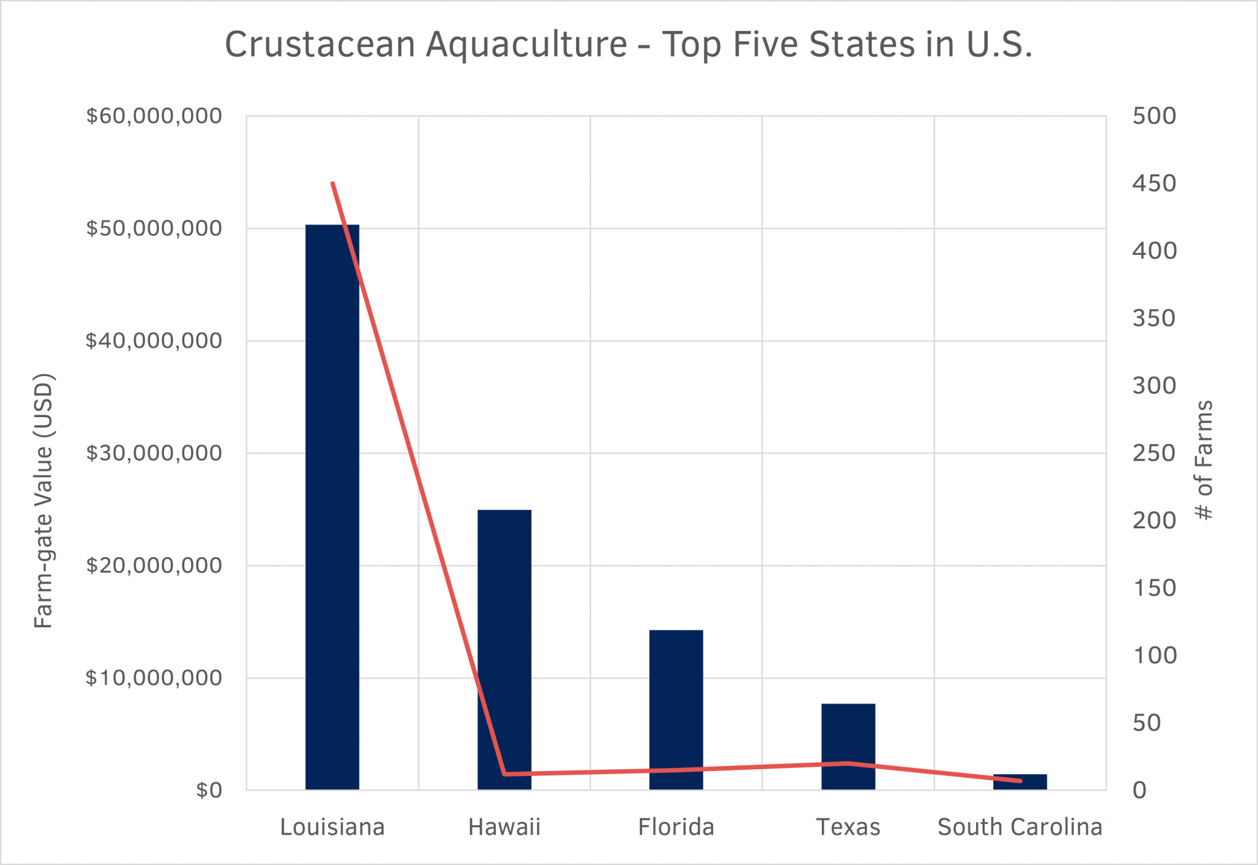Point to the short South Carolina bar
click(1020, 782)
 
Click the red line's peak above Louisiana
click(332, 183)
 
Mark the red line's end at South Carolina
click(1020, 781)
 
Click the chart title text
click(628, 44)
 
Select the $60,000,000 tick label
click(154, 116)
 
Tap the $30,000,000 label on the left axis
click(154, 453)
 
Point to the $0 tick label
click(209, 790)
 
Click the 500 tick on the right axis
click(1154, 116)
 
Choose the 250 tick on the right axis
click(1154, 453)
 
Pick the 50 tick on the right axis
click(1146, 723)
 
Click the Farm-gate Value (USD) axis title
click(44, 501)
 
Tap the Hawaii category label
click(504, 828)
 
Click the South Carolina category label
click(1020, 828)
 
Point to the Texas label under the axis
click(848, 828)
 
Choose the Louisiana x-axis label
click(332, 828)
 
